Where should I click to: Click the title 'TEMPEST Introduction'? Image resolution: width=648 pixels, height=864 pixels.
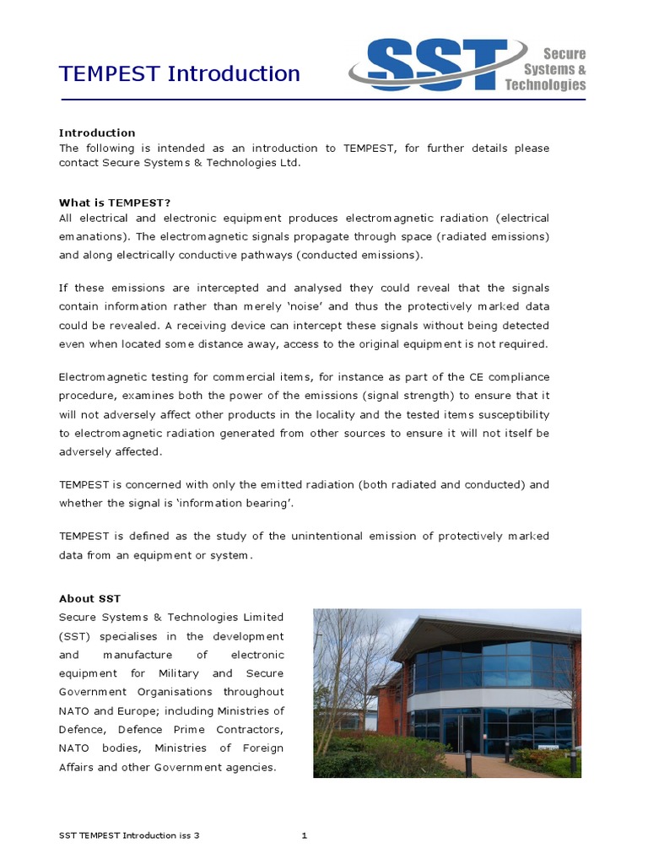179,74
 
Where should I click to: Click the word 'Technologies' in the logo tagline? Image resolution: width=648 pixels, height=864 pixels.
545,84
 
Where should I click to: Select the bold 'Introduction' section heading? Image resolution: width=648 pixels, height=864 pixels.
97,132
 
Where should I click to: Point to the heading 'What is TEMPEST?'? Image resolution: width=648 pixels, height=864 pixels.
115,202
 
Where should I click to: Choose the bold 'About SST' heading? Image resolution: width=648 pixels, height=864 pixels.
89,598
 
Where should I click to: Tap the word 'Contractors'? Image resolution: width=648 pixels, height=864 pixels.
249,729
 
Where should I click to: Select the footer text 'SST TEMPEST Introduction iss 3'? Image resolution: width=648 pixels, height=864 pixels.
129,835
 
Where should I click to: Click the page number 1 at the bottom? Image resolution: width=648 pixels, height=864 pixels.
304,835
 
